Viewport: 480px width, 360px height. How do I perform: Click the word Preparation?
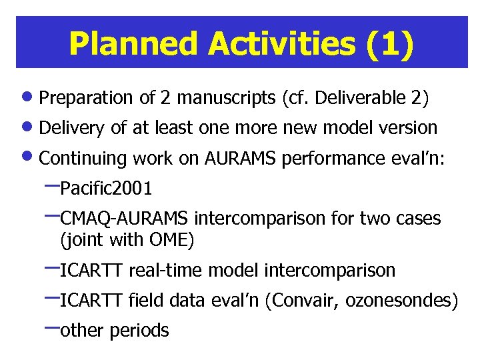pyautogui.click(x=87, y=99)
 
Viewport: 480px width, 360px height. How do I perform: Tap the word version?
pyautogui.click(x=410, y=127)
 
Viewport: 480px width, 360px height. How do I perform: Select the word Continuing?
pyautogui.click(x=84, y=159)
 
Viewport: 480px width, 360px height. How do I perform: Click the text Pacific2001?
pyautogui.click(x=106, y=189)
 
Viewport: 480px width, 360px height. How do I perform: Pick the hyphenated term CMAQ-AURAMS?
pyautogui.click(x=125, y=219)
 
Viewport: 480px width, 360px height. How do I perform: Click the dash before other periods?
pyautogui.click(x=50, y=328)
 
